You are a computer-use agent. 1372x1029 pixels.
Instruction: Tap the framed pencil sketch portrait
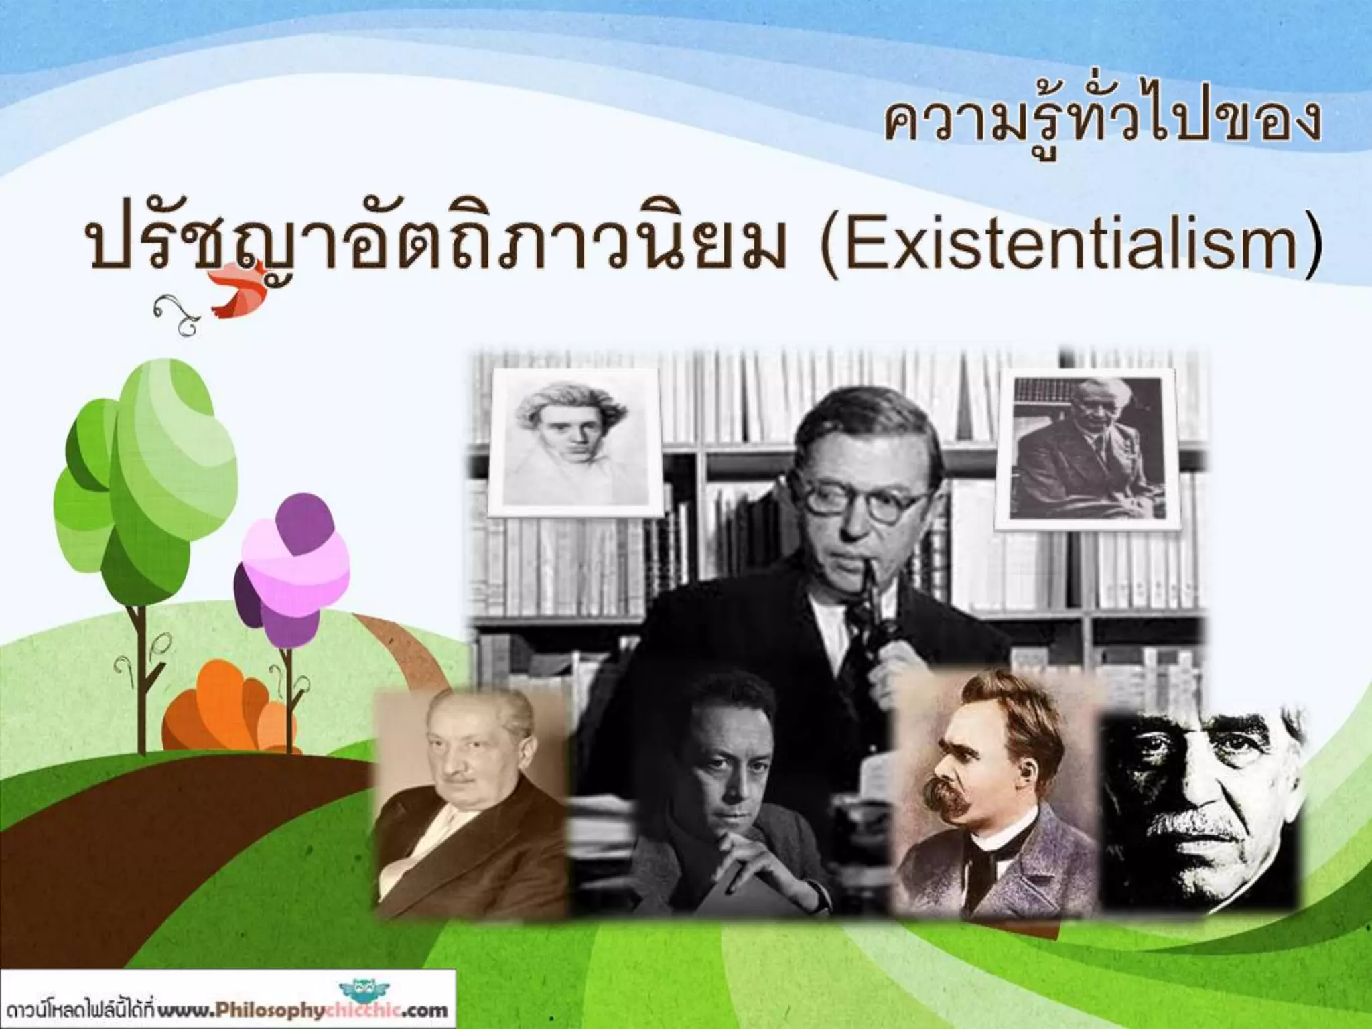click(x=574, y=442)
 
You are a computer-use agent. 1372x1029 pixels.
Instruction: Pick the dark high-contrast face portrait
click(x=1203, y=804)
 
